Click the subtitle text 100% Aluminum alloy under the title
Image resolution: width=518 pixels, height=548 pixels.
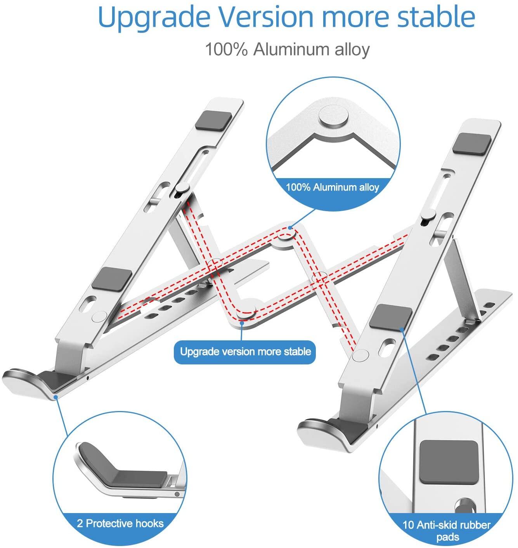point(287,50)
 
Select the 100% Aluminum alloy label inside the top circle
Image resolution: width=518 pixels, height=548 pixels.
point(333,187)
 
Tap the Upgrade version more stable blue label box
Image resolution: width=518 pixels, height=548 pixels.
point(245,352)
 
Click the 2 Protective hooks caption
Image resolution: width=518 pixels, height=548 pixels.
point(120,524)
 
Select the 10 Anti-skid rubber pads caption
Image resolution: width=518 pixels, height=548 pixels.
point(447,531)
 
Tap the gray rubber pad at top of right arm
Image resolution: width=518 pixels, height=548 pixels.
point(469,143)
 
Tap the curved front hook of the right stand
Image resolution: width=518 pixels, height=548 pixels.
point(316,431)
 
